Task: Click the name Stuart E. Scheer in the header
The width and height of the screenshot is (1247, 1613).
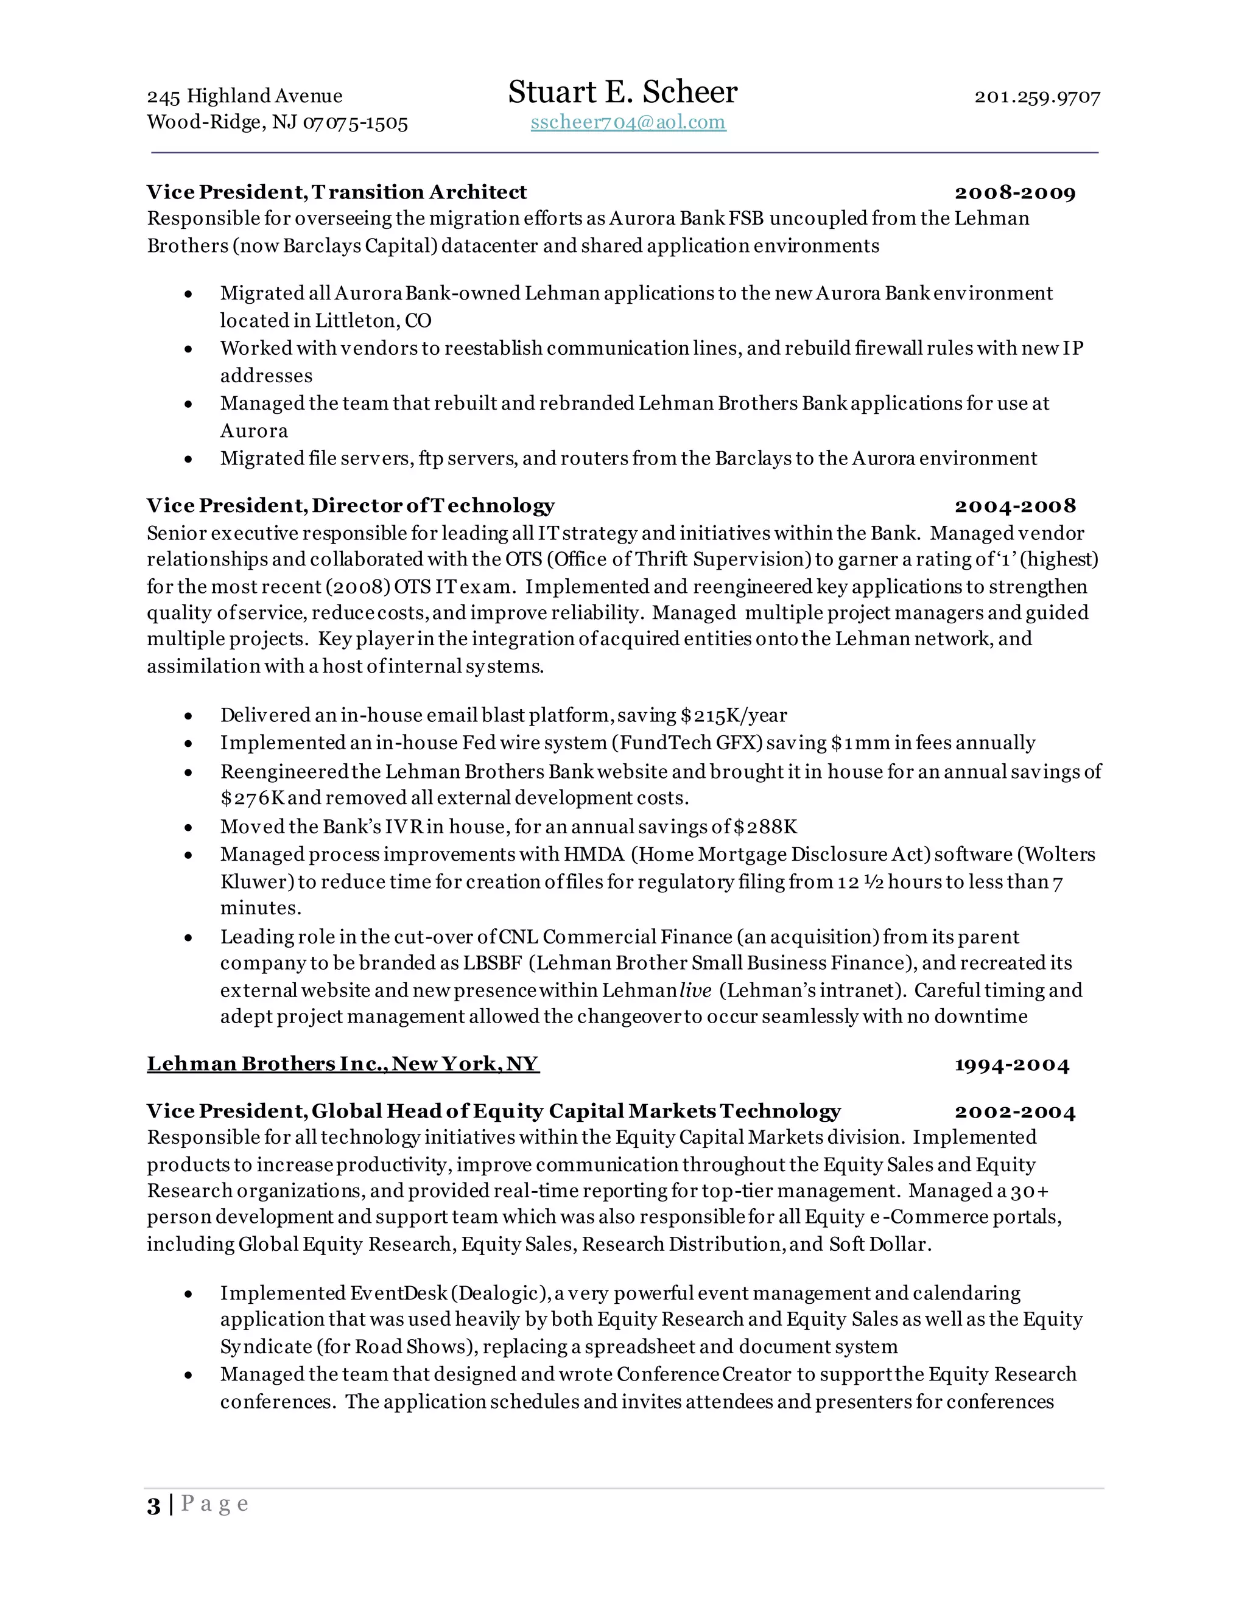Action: click(x=622, y=93)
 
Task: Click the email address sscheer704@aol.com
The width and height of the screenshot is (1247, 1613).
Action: click(x=628, y=122)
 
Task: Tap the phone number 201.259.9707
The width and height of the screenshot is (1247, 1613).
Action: click(x=1037, y=97)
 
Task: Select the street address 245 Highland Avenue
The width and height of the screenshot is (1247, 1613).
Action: click(x=245, y=96)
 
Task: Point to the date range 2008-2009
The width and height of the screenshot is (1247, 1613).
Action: click(x=1015, y=193)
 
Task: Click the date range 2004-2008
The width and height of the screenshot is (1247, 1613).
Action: click(x=1015, y=506)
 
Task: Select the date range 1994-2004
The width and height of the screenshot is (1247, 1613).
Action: click(x=1011, y=1065)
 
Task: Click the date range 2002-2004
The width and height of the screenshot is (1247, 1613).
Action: click(x=1015, y=1112)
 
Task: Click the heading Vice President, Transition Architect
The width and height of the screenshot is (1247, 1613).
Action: click(x=337, y=192)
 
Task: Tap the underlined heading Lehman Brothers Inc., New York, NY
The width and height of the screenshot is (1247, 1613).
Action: click(x=343, y=1063)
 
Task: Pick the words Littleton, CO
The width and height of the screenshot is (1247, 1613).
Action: click(x=373, y=321)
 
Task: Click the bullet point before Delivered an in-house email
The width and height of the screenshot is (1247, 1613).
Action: click(x=189, y=716)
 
